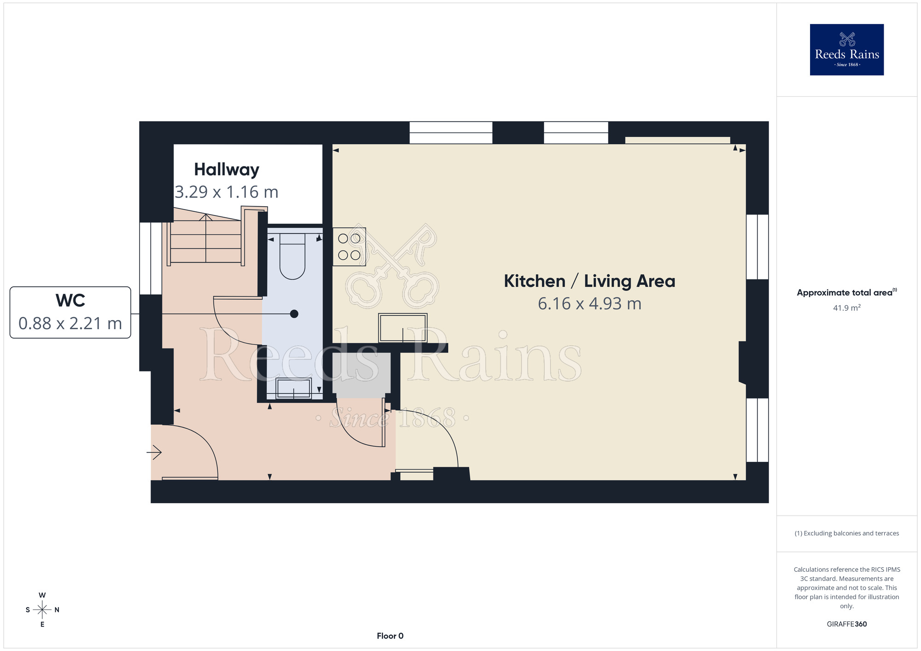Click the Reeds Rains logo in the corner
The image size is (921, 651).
pyautogui.click(x=846, y=50)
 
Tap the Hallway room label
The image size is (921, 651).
pyautogui.click(x=227, y=170)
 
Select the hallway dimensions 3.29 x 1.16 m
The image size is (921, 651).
pyautogui.click(x=227, y=192)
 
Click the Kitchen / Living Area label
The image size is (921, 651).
pyautogui.click(x=589, y=281)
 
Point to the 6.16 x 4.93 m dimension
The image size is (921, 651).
pyautogui.click(x=589, y=304)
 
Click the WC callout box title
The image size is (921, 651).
pyautogui.click(x=70, y=301)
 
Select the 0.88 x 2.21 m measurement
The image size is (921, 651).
pyautogui.click(x=70, y=324)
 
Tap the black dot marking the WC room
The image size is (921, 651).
pyautogui.click(x=294, y=314)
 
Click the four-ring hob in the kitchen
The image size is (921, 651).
pyautogui.click(x=349, y=247)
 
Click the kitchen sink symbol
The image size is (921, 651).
pyautogui.click(x=403, y=328)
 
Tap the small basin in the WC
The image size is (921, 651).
pyautogui.click(x=294, y=389)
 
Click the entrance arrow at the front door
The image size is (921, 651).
pyautogui.click(x=154, y=453)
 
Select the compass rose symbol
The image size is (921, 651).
pyautogui.click(x=42, y=610)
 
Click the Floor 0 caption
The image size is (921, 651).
pyautogui.click(x=390, y=636)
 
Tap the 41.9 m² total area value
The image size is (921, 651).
pyautogui.click(x=846, y=308)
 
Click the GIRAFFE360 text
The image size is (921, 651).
pyautogui.click(x=846, y=624)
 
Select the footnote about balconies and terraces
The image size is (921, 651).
pyautogui.click(x=846, y=533)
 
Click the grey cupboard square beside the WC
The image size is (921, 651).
pyautogui.click(x=361, y=375)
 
